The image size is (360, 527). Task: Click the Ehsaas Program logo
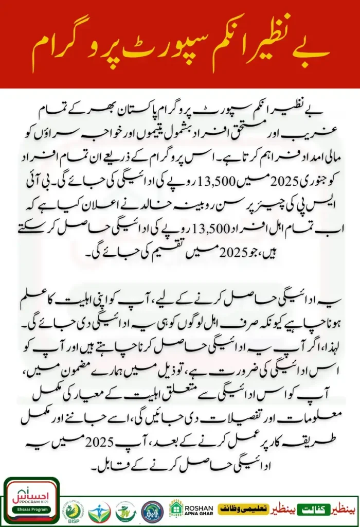(31, 501)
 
